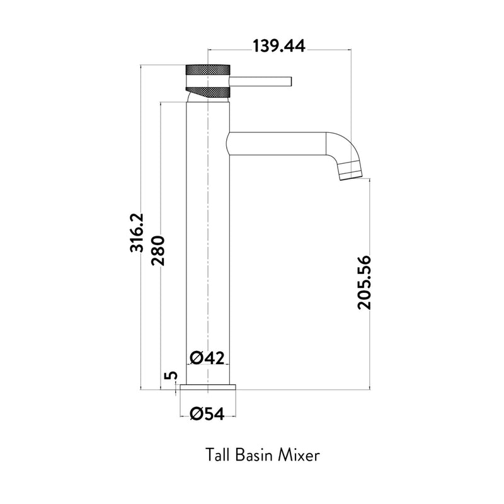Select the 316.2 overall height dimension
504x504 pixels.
point(137,232)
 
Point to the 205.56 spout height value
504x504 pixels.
point(365,282)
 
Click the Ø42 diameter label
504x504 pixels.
point(207,357)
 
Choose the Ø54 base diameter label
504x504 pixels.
point(207,413)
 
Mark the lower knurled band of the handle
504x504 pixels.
point(211,93)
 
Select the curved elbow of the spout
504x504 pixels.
point(343,146)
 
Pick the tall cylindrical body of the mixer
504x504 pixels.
point(207,252)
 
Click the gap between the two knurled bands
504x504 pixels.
point(207,81)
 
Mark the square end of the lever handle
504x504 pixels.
point(290,81)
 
